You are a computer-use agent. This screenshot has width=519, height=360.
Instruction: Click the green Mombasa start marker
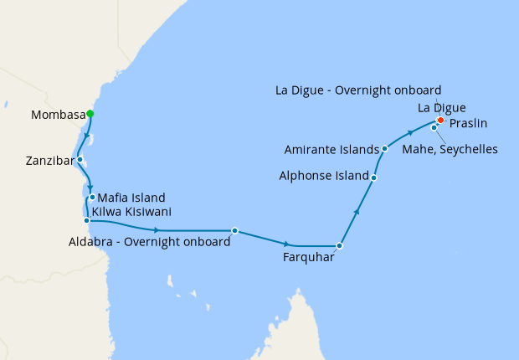click(x=90, y=114)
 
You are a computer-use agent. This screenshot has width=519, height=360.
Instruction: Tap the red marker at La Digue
click(x=440, y=120)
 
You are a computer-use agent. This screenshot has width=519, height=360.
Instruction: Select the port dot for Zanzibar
click(x=80, y=159)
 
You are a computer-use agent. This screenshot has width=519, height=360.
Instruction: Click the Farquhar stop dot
click(x=339, y=246)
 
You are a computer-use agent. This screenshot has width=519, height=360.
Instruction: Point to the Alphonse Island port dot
click(x=373, y=177)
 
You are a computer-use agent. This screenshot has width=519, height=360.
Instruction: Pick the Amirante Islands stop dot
click(x=384, y=149)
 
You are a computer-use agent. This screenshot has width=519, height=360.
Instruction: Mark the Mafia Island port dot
click(x=92, y=198)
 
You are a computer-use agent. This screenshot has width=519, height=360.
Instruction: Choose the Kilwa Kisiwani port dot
click(x=86, y=221)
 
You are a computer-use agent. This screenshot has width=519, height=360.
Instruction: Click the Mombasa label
click(x=56, y=115)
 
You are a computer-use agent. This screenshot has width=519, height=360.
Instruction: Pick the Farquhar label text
click(x=309, y=258)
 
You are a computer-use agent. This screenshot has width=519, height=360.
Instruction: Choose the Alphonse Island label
click(x=324, y=177)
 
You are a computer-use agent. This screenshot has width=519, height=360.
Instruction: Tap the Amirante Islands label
click(x=331, y=150)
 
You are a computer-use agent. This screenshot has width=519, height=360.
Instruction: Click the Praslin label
click(x=469, y=124)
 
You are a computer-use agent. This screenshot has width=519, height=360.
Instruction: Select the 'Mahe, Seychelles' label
click(x=450, y=150)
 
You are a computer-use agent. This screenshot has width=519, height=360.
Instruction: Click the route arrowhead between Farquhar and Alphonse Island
click(x=357, y=212)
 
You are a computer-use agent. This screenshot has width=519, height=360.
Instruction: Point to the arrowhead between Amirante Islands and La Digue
click(x=410, y=132)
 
